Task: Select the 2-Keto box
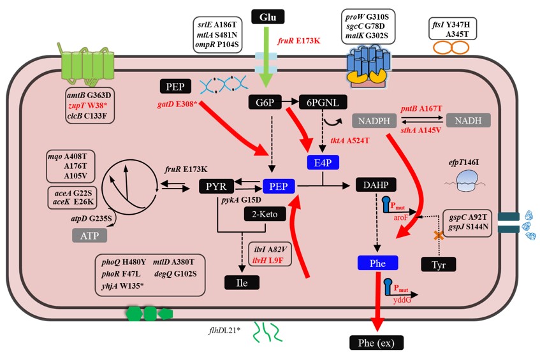264,215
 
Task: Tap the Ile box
242,281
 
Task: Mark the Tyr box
439,263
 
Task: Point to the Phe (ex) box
376,343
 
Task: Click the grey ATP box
89,236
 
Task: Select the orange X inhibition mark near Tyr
439,236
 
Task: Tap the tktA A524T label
349,140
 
